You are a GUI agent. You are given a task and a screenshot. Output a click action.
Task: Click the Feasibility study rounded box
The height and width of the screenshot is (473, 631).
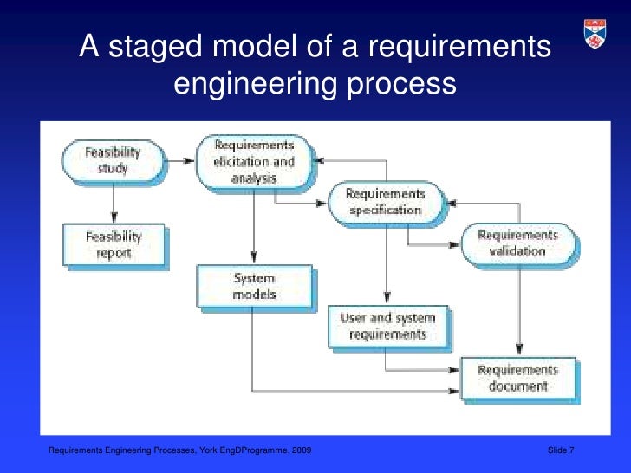(112, 161)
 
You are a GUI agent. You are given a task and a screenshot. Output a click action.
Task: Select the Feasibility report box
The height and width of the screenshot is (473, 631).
(113, 244)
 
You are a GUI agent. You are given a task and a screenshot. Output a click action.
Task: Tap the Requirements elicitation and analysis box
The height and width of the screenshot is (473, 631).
(253, 162)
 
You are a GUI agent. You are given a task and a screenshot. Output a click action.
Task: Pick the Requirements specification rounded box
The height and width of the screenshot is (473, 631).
(385, 202)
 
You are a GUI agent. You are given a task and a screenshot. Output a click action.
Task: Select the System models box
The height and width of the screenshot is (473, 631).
(253, 287)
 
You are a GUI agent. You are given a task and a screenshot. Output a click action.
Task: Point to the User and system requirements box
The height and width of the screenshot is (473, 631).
(387, 327)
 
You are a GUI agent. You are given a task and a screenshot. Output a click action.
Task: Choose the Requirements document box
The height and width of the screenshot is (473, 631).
(517, 378)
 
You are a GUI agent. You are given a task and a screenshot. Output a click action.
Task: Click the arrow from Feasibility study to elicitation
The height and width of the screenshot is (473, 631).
(179, 161)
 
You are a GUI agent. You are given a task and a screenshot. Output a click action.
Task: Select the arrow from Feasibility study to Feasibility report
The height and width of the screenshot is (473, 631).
(113, 203)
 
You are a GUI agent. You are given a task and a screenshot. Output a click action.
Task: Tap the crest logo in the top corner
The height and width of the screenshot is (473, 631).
(595, 35)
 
